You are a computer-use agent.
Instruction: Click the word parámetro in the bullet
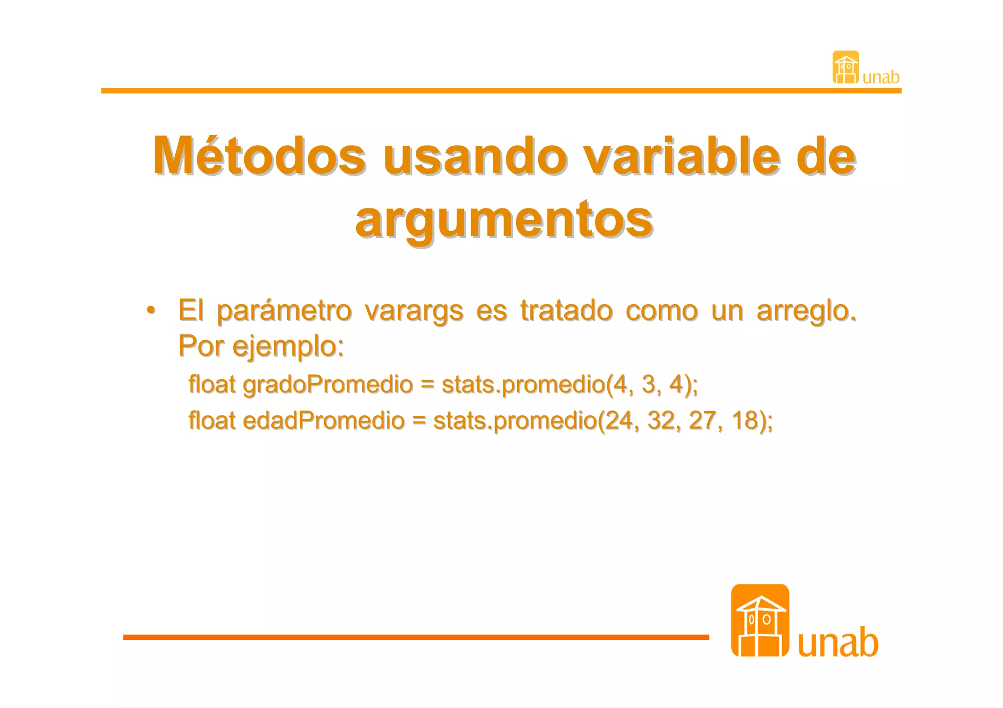point(284,311)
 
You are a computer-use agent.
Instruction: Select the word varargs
point(414,311)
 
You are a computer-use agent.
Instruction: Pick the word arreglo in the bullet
point(806,311)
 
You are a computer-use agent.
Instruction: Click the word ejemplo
point(287,346)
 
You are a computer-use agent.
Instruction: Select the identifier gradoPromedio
point(328,385)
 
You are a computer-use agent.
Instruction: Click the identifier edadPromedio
point(323,421)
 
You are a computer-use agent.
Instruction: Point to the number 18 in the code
point(745,421)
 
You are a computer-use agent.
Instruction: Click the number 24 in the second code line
point(619,421)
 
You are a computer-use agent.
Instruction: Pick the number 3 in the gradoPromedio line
point(648,385)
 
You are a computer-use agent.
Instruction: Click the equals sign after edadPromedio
point(419,421)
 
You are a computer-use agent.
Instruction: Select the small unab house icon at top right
point(846,68)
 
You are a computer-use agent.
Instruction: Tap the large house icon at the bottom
point(760,620)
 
